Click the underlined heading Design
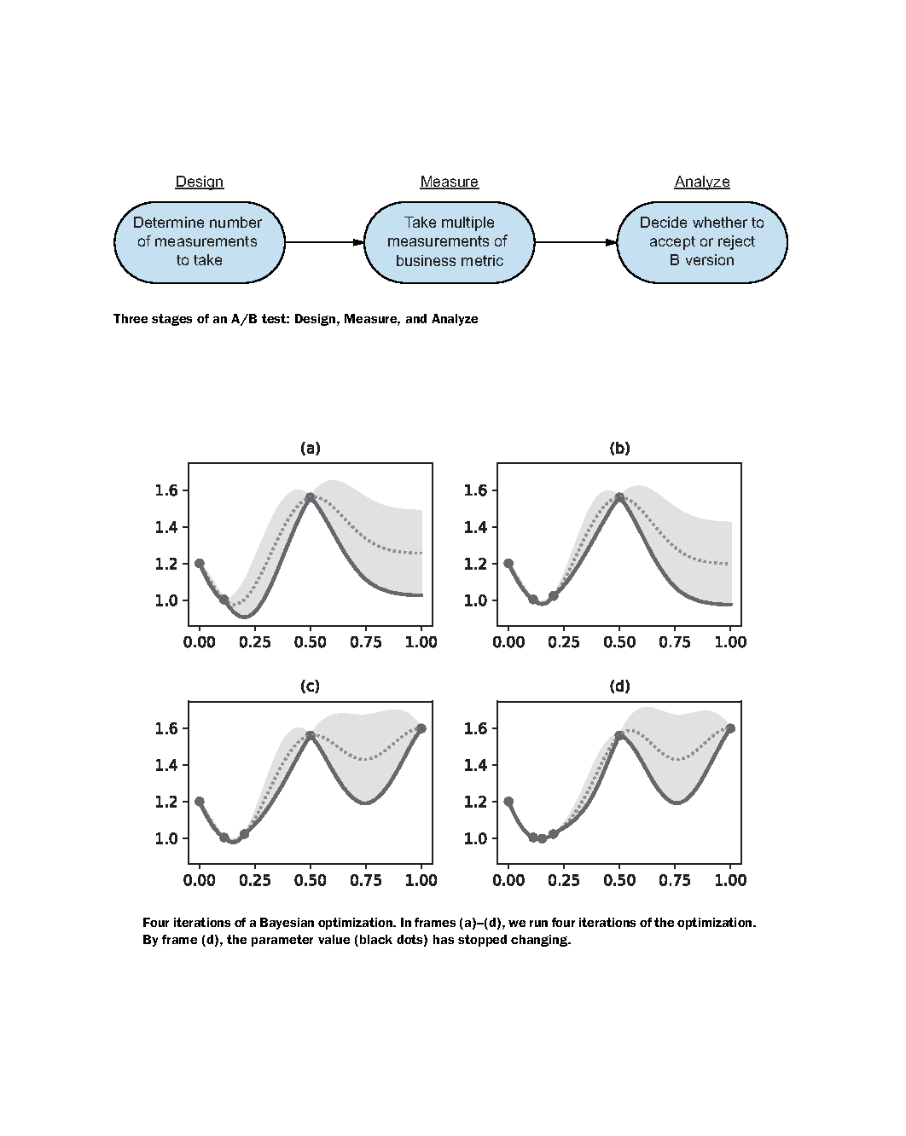(199, 182)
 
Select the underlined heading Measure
(449, 182)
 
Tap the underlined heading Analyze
(701, 182)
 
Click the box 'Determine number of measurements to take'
(200, 242)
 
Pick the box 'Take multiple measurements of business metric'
(450, 242)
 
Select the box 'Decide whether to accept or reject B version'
(701, 242)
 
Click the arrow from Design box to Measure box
(325, 242)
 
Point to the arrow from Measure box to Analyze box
(576, 242)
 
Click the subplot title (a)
(311, 448)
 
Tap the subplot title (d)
(619, 687)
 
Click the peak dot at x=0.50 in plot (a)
(311, 497)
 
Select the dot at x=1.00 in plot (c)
(421, 728)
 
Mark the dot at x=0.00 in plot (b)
(508, 563)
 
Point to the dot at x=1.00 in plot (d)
(731, 728)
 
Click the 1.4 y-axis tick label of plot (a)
(166, 527)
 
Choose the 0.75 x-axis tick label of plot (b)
(675, 642)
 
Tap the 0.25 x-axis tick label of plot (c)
(254, 880)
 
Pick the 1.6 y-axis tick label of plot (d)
(476, 728)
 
